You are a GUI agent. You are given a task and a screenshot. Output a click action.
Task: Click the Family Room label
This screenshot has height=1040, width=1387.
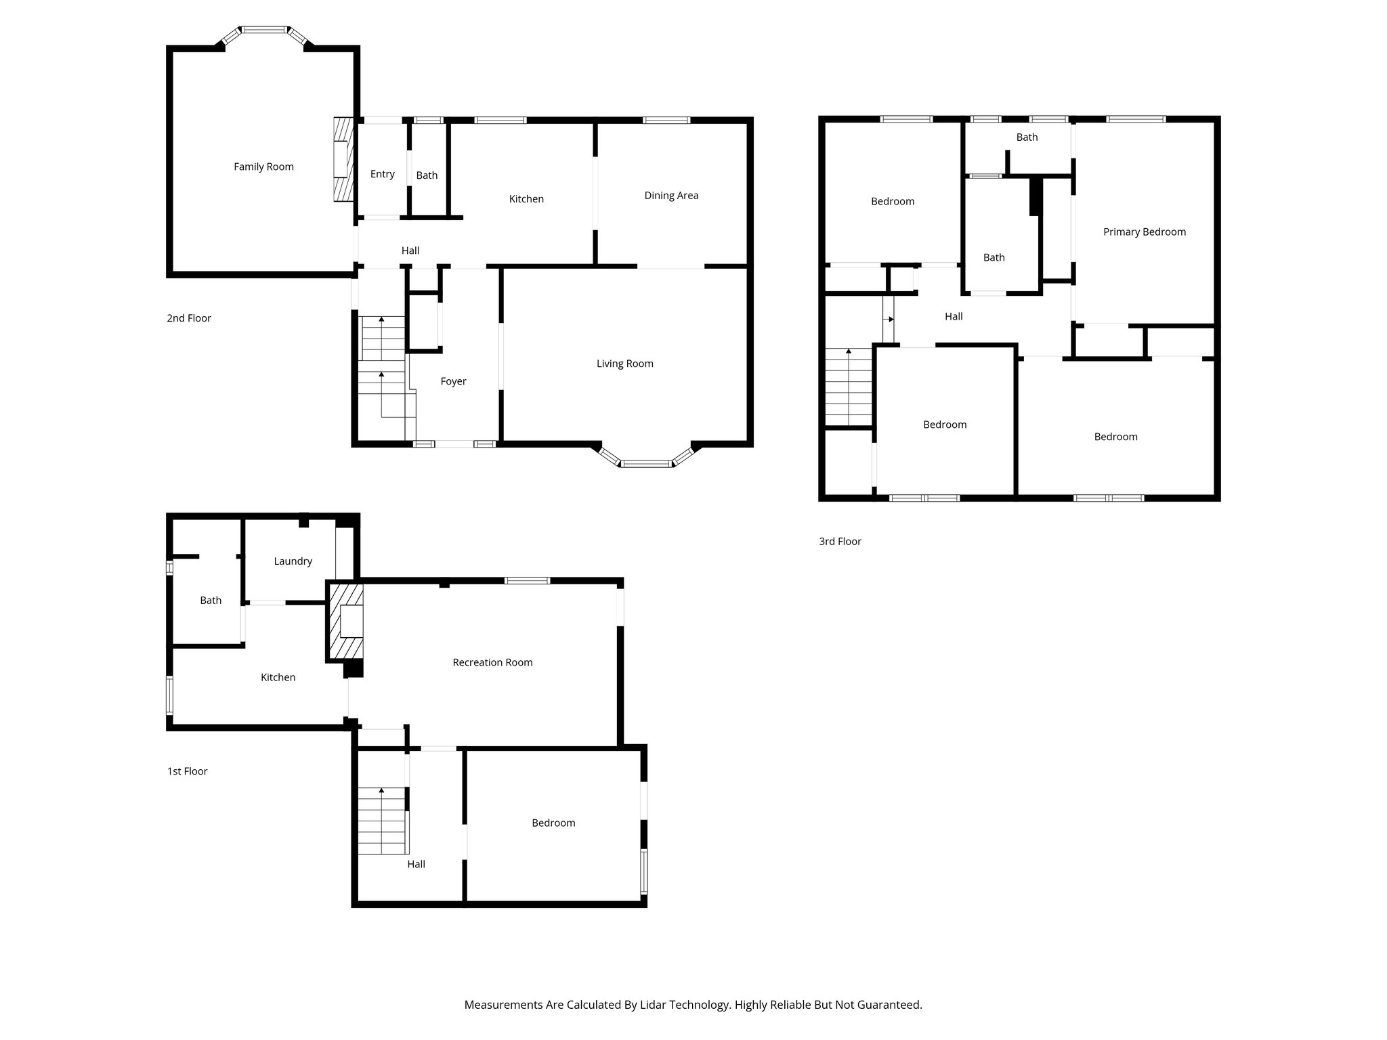[x=263, y=167]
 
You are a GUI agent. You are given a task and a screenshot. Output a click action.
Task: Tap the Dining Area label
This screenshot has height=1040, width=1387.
[x=670, y=196]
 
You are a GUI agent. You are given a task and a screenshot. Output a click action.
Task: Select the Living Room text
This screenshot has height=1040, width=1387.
[x=624, y=364]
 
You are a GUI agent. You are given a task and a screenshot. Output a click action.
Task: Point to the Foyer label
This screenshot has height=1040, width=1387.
[x=453, y=381]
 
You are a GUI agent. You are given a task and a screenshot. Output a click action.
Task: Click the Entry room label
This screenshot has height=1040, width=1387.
[x=382, y=174]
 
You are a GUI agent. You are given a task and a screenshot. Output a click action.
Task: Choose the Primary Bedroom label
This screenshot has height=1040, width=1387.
[x=1144, y=232]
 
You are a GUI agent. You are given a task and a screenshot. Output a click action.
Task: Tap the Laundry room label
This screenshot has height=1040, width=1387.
[x=293, y=561]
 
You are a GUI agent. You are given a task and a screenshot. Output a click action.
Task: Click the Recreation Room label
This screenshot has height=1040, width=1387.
[x=492, y=662]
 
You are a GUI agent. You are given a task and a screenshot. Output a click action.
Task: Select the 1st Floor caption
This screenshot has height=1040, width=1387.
[x=187, y=771]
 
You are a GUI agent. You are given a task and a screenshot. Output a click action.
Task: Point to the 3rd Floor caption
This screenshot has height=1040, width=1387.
[x=840, y=541]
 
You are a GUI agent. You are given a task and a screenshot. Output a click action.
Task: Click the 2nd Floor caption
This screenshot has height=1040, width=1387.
[x=189, y=318]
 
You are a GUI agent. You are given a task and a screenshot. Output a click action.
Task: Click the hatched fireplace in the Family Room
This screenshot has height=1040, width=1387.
[x=344, y=160]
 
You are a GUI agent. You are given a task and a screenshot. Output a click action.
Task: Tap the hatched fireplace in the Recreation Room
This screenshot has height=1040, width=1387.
[x=345, y=622]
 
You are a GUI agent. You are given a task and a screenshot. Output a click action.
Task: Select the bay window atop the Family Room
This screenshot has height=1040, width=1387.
[x=264, y=32]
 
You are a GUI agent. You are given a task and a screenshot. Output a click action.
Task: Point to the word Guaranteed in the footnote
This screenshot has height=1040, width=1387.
[x=889, y=1005]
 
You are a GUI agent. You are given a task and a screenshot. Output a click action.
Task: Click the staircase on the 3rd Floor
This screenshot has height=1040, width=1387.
[x=848, y=387]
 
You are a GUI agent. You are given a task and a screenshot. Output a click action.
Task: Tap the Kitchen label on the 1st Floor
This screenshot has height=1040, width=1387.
[x=278, y=677]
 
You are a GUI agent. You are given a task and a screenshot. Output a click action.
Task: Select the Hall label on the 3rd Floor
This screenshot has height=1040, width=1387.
[x=954, y=316]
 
